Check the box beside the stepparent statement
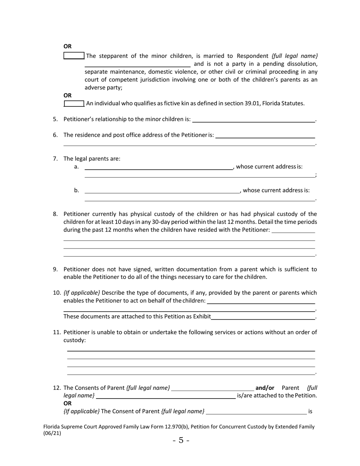74,56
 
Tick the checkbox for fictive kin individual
74,103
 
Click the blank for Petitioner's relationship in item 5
254,120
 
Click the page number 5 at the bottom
181,440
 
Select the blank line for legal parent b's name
162,191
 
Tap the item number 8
55,214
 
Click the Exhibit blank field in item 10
263,317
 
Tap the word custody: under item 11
75,340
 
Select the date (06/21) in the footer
52,433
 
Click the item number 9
55,269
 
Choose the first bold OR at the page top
67,46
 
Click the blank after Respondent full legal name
137,64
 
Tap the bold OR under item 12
67,403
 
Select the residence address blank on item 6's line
265,135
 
